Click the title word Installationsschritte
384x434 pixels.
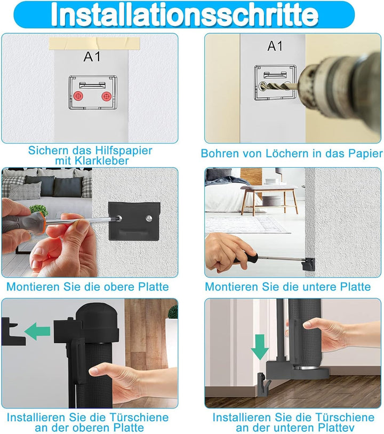185,14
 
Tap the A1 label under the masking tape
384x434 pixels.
92,57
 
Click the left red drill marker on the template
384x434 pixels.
78,96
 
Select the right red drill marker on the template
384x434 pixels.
106,96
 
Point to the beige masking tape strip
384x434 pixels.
94,43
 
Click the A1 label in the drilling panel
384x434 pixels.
275,46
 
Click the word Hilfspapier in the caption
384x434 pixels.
124,151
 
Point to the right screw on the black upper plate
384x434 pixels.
149,218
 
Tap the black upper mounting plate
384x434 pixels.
134,222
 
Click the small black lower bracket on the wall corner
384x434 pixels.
308,264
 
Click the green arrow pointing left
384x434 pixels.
37,331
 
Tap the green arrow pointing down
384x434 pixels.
260,347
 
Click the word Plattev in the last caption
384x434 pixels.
335,428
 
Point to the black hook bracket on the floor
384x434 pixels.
263,383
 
